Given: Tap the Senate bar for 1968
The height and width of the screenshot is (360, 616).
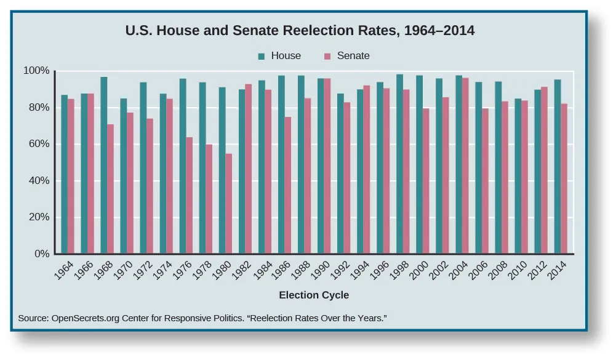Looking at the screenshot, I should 110,189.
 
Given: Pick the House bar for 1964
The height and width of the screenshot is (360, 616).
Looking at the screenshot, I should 65,174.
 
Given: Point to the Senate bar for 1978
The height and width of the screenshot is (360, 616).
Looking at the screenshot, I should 209,199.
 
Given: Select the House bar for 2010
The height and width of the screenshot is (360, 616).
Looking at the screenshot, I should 518,176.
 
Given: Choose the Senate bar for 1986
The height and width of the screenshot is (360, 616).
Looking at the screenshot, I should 288,185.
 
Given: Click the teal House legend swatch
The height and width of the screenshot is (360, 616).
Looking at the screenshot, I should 262,56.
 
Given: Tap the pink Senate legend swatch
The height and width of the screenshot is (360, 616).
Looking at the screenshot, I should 327,56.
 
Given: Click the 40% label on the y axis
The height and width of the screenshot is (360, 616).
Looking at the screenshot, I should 38,181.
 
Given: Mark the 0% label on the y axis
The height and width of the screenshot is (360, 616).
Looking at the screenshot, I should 41,254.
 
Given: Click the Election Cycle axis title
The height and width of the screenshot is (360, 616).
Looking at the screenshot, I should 314,295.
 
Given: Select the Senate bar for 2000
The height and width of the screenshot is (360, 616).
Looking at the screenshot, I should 426,181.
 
